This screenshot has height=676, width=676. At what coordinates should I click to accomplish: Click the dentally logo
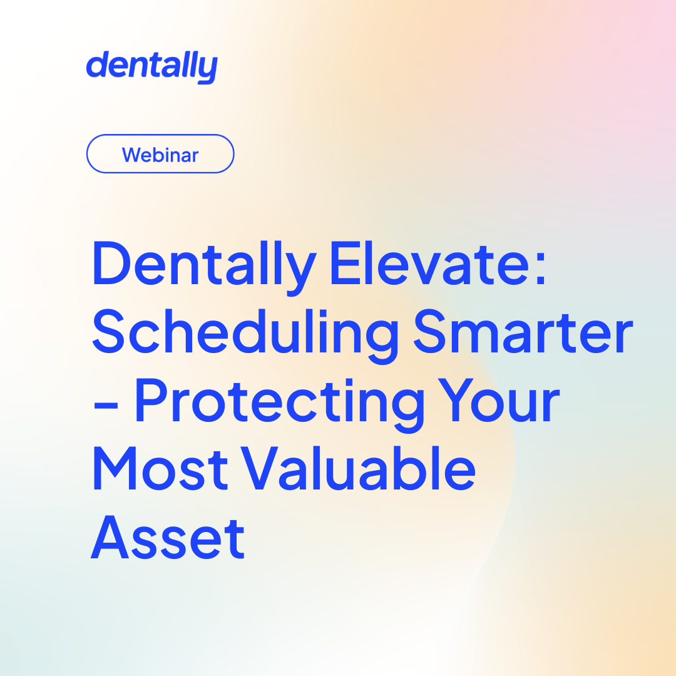(x=151, y=67)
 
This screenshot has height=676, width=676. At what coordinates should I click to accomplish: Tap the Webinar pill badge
(x=160, y=154)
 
